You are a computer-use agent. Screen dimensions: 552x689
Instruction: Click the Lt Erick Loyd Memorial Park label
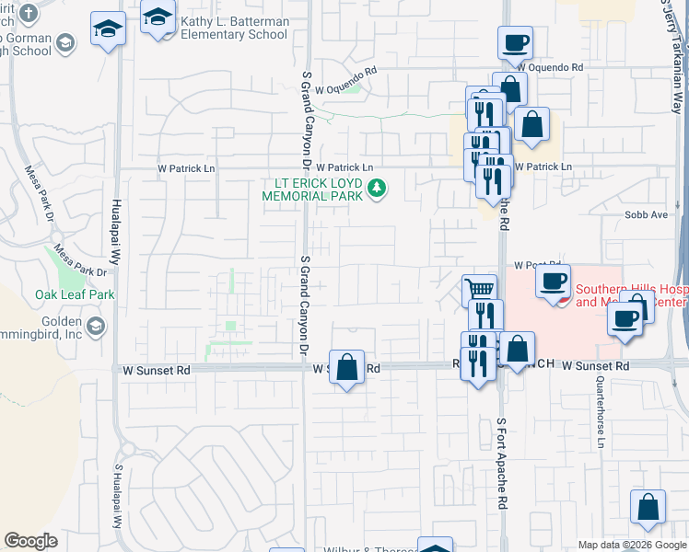[x=313, y=190]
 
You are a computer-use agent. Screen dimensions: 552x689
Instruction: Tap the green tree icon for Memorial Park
[x=376, y=190]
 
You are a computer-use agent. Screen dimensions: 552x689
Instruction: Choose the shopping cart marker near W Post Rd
[x=479, y=290]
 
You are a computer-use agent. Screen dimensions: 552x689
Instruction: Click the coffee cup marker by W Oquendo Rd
[x=515, y=42]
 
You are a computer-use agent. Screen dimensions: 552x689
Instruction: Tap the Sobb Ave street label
[x=646, y=214]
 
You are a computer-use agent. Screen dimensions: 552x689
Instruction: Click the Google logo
[x=30, y=541]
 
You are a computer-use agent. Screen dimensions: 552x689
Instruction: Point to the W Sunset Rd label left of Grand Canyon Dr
[x=157, y=370]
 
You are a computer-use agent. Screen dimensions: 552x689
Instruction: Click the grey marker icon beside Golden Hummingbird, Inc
[x=95, y=327]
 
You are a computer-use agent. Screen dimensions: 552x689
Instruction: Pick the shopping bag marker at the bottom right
[x=648, y=507]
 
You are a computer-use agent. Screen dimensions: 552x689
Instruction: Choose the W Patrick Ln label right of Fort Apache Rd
[x=543, y=167]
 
